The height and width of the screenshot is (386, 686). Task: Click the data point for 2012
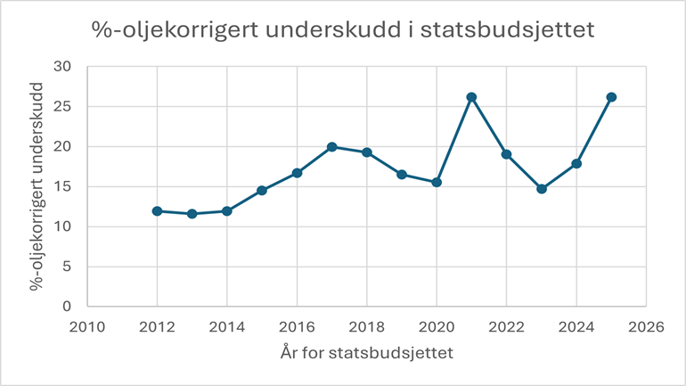[x=157, y=211]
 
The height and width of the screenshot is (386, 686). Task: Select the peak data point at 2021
[x=471, y=97]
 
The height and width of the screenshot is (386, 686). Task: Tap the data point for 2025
[x=611, y=97]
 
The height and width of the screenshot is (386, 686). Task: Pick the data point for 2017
[x=331, y=147]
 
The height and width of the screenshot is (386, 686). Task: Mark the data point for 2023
[x=542, y=189]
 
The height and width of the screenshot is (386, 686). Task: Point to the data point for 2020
[x=437, y=182]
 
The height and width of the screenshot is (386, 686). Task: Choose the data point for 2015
[x=262, y=191]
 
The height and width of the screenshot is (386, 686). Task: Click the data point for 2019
[x=402, y=174]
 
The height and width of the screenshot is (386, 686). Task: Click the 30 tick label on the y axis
[x=62, y=67]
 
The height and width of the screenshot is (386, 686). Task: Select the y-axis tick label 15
[x=62, y=186]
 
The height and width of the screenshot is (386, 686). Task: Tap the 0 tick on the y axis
[x=67, y=307]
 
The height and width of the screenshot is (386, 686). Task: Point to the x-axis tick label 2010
[x=87, y=327]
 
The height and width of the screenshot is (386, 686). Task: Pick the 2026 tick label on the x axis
[x=646, y=327]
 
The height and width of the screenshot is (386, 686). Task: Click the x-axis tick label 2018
[x=366, y=327]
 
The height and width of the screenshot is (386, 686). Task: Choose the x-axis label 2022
[x=506, y=327]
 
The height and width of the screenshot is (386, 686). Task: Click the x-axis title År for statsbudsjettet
[x=366, y=353]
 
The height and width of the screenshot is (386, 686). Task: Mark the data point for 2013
[x=192, y=214]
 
